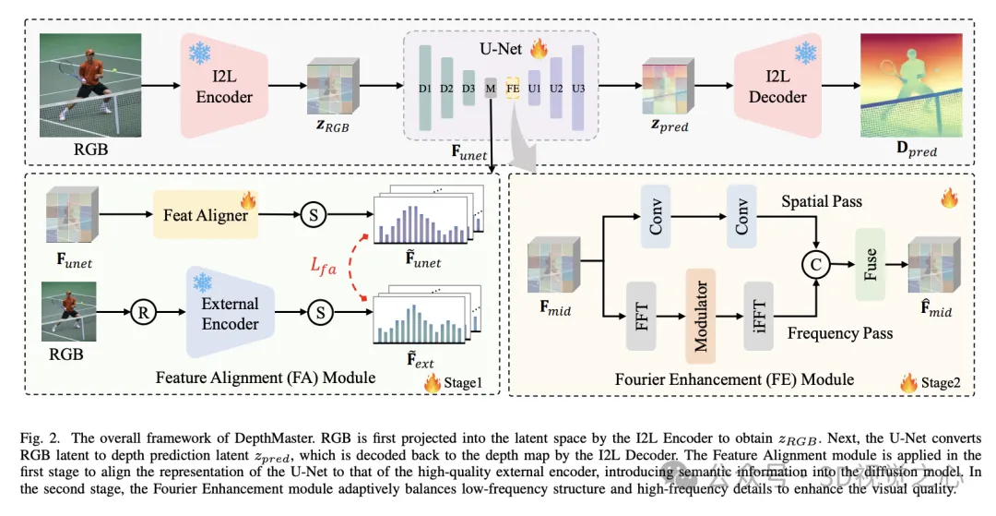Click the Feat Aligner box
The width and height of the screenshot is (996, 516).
coord(205,215)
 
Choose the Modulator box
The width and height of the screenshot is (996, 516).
coord(701,316)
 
